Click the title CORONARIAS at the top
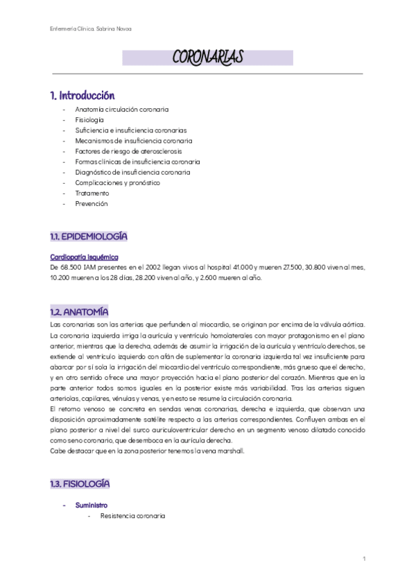[x=207, y=58]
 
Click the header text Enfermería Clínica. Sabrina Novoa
[x=87, y=28]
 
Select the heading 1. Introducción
[x=82, y=95]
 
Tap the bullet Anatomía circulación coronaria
[x=121, y=110]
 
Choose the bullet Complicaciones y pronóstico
[x=117, y=182]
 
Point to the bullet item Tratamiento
[x=92, y=193]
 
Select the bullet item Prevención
[x=91, y=204]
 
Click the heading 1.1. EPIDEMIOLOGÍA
[x=89, y=237]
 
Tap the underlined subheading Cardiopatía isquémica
[x=80, y=257]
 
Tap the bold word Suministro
[x=91, y=505]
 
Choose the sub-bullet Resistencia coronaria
[x=132, y=516]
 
